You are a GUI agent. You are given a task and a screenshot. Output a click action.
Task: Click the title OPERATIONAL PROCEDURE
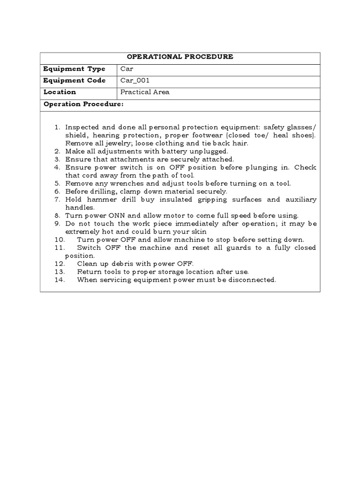pyautogui.click(x=180, y=57)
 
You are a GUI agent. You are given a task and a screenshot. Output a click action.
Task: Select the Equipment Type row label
pyautogui.click(x=74, y=69)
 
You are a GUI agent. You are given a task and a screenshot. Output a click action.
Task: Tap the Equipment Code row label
pyautogui.click(x=74, y=81)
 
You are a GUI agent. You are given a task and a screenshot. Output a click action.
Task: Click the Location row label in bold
pyautogui.click(x=60, y=92)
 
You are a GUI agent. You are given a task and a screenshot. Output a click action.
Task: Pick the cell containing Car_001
pyautogui.click(x=135, y=81)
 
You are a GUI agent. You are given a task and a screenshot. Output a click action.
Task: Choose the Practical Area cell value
pyautogui.click(x=145, y=92)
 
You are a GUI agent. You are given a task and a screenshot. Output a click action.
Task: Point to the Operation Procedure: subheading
pyautogui.click(x=83, y=104)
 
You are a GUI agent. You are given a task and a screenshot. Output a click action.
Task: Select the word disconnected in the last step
pyautogui.click(x=250, y=280)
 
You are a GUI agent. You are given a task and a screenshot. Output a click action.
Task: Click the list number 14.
pyautogui.click(x=59, y=280)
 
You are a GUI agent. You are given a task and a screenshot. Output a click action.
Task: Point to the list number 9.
pyautogui.click(x=57, y=224)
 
